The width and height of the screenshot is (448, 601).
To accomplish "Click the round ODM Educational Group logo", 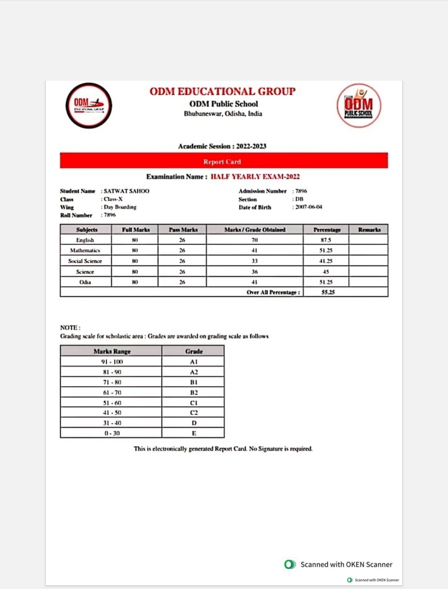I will pyautogui.click(x=89, y=105).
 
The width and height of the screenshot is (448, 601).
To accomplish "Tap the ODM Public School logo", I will pyautogui.click(x=358, y=105).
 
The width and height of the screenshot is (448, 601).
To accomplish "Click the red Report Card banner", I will pyautogui.click(x=223, y=161).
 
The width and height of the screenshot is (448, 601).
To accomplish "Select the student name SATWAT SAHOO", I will pyautogui.click(x=126, y=191).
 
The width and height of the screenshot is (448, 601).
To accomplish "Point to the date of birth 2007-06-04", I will pyautogui.click(x=309, y=207).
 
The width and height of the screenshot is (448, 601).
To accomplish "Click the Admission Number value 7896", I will pyautogui.click(x=301, y=191).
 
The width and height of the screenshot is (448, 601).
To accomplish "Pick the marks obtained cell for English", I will pyautogui.click(x=255, y=240).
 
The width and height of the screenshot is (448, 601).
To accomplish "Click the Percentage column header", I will pyautogui.click(x=326, y=230).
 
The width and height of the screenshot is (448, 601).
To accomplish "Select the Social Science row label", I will pyautogui.click(x=85, y=261).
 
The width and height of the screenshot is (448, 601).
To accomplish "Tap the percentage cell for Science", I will pyautogui.click(x=326, y=271).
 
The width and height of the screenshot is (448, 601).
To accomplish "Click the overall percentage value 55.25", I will pyautogui.click(x=328, y=292).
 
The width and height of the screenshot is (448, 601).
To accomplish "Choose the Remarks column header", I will pyautogui.click(x=369, y=230).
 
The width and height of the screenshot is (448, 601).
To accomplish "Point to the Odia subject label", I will pyautogui.click(x=85, y=282).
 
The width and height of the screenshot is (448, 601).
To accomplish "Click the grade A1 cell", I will pyautogui.click(x=194, y=362).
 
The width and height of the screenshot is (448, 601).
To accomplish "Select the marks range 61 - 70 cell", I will pyautogui.click(x=112, y=392).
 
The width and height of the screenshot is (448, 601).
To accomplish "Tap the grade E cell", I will pyautogui.click(x=194, y=433).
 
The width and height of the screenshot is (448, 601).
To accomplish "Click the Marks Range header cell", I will pyautogui.click(x=112, y=352).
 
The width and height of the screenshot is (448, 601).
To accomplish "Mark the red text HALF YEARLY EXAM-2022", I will pyautogui.click(x=255, y=177).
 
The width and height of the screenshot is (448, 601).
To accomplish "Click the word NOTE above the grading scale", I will pyautogui.click(x=70, y=327).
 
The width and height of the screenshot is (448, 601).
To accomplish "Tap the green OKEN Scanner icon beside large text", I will pyautogui.click(x=290, y=565).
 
